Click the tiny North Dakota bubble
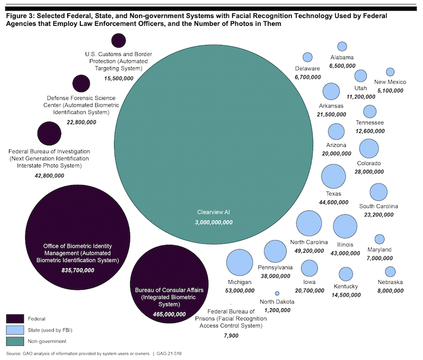tap(277, 293)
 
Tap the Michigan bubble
tap(240, 262)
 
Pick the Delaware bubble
tap(307, 57)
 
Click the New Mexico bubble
tap(390, 72)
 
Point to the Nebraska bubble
tap(390, 272)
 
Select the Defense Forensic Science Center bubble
tap(81, 83)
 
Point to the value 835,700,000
tap(78, 270)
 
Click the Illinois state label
tap(346, 245)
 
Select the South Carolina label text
tap(379, 206)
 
